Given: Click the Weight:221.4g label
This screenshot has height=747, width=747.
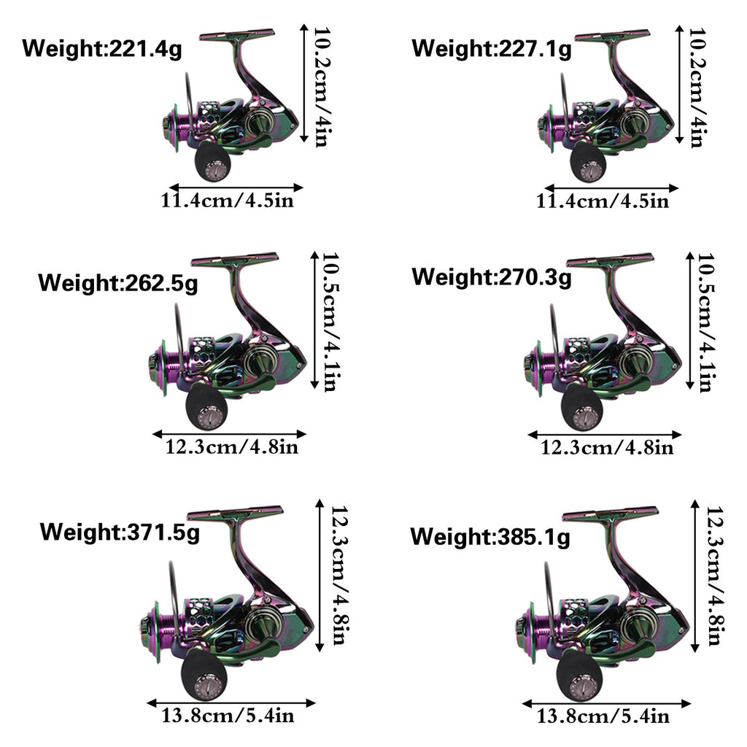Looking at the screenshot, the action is (102, 49).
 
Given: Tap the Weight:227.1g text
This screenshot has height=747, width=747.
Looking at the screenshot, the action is (491, 49).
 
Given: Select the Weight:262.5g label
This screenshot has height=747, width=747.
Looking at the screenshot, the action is (117, 284).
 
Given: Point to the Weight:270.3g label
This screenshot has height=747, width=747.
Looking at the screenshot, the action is (491, 277).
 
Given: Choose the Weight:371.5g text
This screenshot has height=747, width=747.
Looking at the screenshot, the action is (120, 532).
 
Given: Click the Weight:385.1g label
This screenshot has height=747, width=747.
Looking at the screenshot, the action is (490, 537).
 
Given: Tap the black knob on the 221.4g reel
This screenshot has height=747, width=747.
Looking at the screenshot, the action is (212, 162).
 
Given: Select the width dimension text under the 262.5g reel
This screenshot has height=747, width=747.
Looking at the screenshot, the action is (231, 447).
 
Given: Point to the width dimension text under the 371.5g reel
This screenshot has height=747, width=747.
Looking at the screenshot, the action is (228, 716).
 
